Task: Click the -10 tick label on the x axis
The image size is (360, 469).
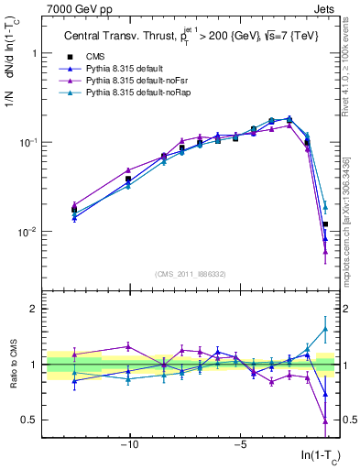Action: pyautogui.click(x=129, y=446)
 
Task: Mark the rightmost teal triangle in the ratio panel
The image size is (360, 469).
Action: pyautogui.click(x=325, y=330)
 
